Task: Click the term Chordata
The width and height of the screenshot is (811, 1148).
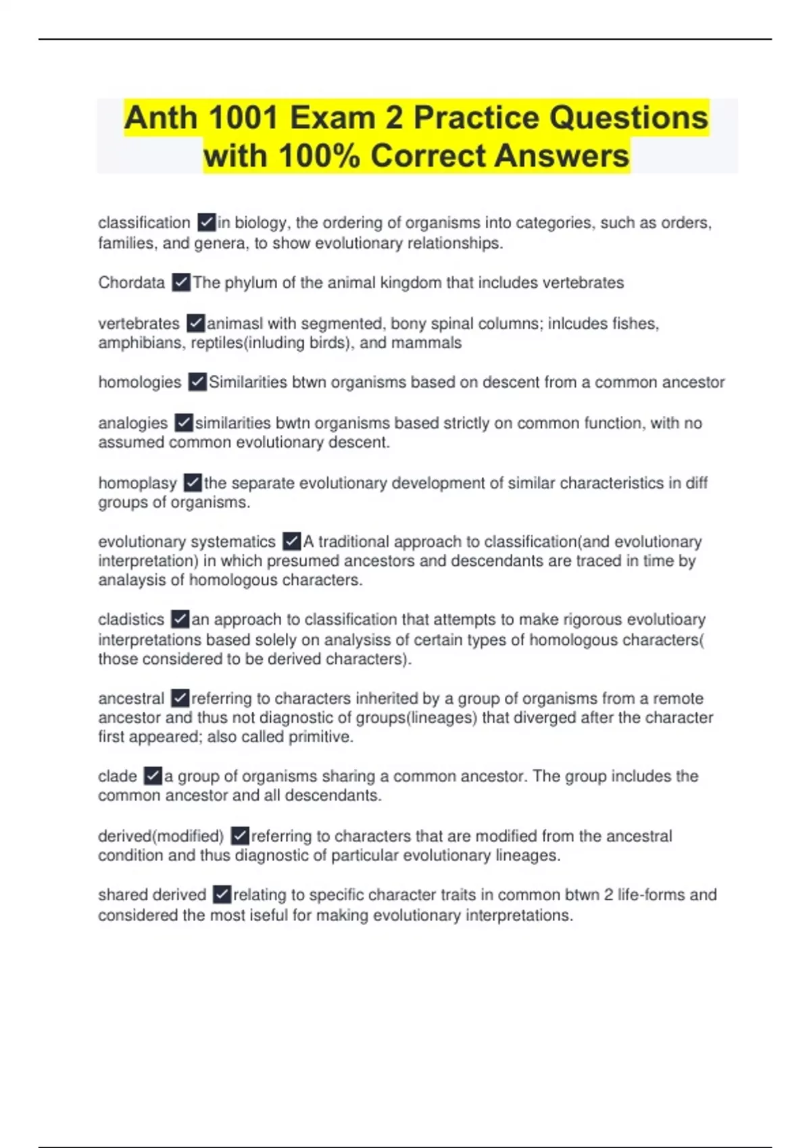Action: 131,282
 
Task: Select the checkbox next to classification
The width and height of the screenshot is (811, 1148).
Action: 207,222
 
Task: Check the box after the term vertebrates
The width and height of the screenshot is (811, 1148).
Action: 196,323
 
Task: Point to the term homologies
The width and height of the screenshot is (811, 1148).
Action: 139,382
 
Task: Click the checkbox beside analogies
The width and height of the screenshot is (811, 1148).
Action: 184,423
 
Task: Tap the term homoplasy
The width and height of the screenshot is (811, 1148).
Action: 137,483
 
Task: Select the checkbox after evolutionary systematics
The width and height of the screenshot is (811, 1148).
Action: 292,542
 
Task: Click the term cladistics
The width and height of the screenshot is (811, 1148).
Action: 131,619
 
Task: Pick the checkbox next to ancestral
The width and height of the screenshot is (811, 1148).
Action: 180,698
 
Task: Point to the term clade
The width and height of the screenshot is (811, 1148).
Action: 118,776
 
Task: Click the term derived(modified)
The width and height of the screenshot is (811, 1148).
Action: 161,836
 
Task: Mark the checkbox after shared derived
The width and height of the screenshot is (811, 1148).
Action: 222,895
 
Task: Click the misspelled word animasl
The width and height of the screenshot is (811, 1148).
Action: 235,323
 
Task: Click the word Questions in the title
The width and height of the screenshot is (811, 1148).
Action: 629,118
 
